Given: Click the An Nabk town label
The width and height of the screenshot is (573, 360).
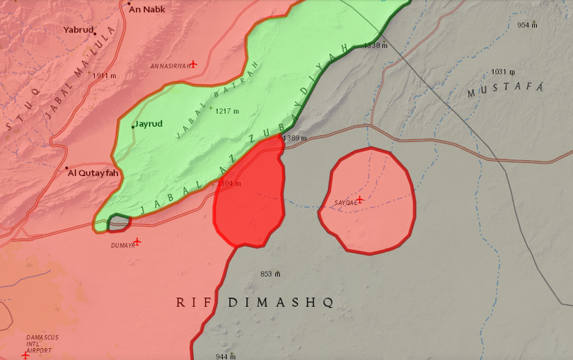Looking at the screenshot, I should coord(147,9).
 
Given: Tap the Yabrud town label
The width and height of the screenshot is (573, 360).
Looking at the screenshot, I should coord(79,30).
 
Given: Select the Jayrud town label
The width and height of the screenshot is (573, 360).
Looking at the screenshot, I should coord(149,124).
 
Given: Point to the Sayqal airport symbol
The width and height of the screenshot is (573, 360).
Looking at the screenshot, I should coord(359,199).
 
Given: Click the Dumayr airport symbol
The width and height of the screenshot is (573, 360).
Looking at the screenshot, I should coord(137,242).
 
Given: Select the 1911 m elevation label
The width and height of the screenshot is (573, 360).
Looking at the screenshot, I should coord(104,75).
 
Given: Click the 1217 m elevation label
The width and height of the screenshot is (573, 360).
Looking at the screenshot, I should coord(227,111).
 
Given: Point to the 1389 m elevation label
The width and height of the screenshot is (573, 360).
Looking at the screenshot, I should coord(294,138).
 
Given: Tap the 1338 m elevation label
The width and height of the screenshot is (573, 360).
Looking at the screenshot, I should coord(376,45).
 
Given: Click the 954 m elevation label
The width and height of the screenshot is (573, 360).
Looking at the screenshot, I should coord(527,25).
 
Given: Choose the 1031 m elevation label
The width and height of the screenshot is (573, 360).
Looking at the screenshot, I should coord(503,71).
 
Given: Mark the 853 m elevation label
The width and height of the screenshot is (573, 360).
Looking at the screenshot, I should coord(270,274).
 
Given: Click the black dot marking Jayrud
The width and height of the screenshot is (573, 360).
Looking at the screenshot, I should coord(133,126).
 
